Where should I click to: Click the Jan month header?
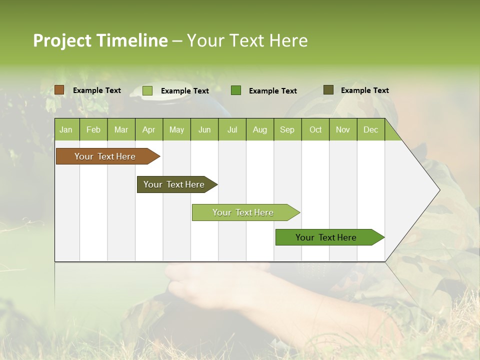[66, 130]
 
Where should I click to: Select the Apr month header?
[149, 130]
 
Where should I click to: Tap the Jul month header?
[232, 130]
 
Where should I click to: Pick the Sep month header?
[287, 130]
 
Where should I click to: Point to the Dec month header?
[370, 130]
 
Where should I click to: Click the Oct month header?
[315, 130]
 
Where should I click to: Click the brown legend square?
[59, 90]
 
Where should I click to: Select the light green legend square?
[147, 90]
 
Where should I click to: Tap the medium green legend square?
[236, 90]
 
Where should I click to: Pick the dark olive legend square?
[328, 90]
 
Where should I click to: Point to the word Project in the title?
[62, 40]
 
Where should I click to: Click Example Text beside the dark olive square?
[364, 90]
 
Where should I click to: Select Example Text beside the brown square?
[97, 90]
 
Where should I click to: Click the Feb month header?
[93, 130]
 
